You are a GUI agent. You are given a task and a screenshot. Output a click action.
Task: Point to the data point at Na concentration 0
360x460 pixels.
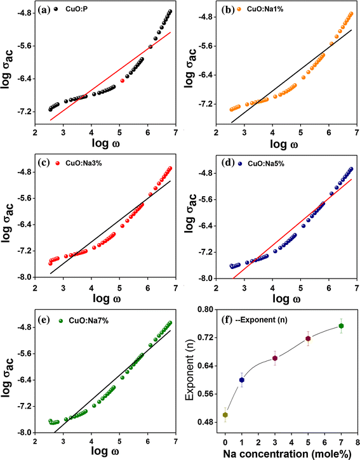[225, 415]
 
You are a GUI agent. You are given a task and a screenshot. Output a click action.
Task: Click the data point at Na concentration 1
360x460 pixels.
[241, 380]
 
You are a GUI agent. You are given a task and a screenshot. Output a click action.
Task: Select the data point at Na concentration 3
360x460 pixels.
[275, 358]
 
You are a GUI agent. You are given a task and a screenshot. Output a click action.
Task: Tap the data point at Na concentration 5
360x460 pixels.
[308, 339]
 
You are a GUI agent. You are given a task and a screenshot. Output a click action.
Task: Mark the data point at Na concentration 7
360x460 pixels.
[341, 326]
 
